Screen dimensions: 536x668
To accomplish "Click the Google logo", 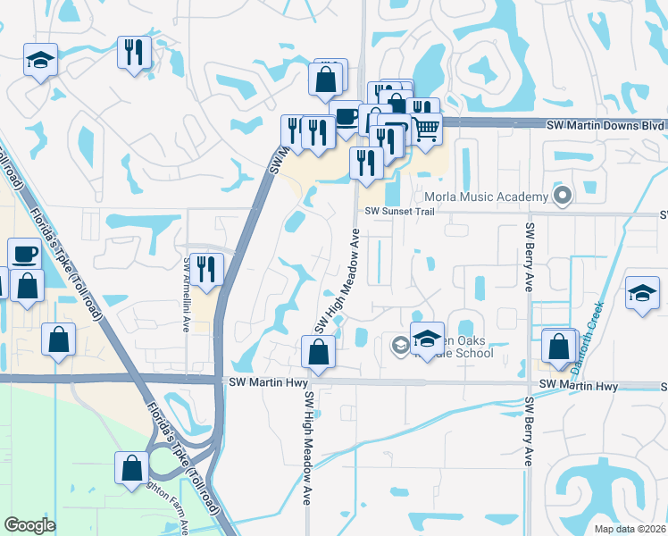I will point(29,525).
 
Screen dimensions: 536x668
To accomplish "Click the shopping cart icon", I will point(425,129).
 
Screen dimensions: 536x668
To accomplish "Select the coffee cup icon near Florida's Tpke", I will point(24,254).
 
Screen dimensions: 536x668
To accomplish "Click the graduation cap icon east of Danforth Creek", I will point(642,293).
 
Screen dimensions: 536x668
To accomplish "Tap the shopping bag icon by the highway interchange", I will point(131,467).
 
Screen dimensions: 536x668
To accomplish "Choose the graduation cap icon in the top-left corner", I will point(40,60).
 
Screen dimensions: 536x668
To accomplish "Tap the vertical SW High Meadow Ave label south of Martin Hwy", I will point(308,447).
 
